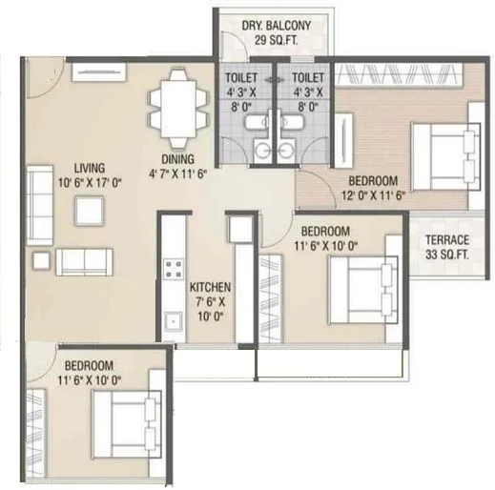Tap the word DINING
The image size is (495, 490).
tap(178, 159)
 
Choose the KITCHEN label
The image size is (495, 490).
tap(210, 286)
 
